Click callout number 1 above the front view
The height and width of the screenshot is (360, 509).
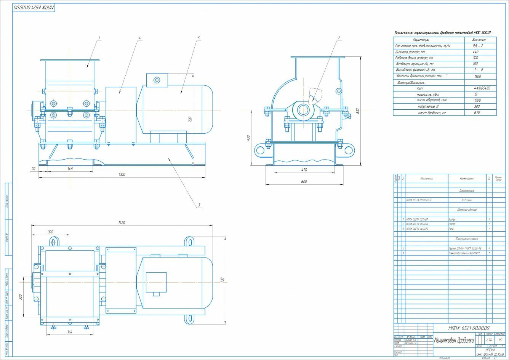99,38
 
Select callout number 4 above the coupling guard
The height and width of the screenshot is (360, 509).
140,38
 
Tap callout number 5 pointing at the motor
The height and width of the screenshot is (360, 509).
199,38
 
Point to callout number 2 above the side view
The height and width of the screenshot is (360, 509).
338,38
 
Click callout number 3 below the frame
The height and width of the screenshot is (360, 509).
199,205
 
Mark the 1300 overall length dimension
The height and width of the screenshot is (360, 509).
122,174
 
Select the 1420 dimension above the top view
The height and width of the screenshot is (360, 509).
122,222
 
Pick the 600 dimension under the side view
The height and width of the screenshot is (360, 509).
304,182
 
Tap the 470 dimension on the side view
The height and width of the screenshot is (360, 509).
304,170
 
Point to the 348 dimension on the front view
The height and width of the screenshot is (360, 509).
70,168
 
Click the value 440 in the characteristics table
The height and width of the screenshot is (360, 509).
475,52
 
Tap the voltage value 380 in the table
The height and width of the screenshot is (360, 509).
475,107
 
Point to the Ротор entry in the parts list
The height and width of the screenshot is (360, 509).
453,224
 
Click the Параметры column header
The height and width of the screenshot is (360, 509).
421,40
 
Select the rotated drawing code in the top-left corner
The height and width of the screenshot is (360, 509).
34,8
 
